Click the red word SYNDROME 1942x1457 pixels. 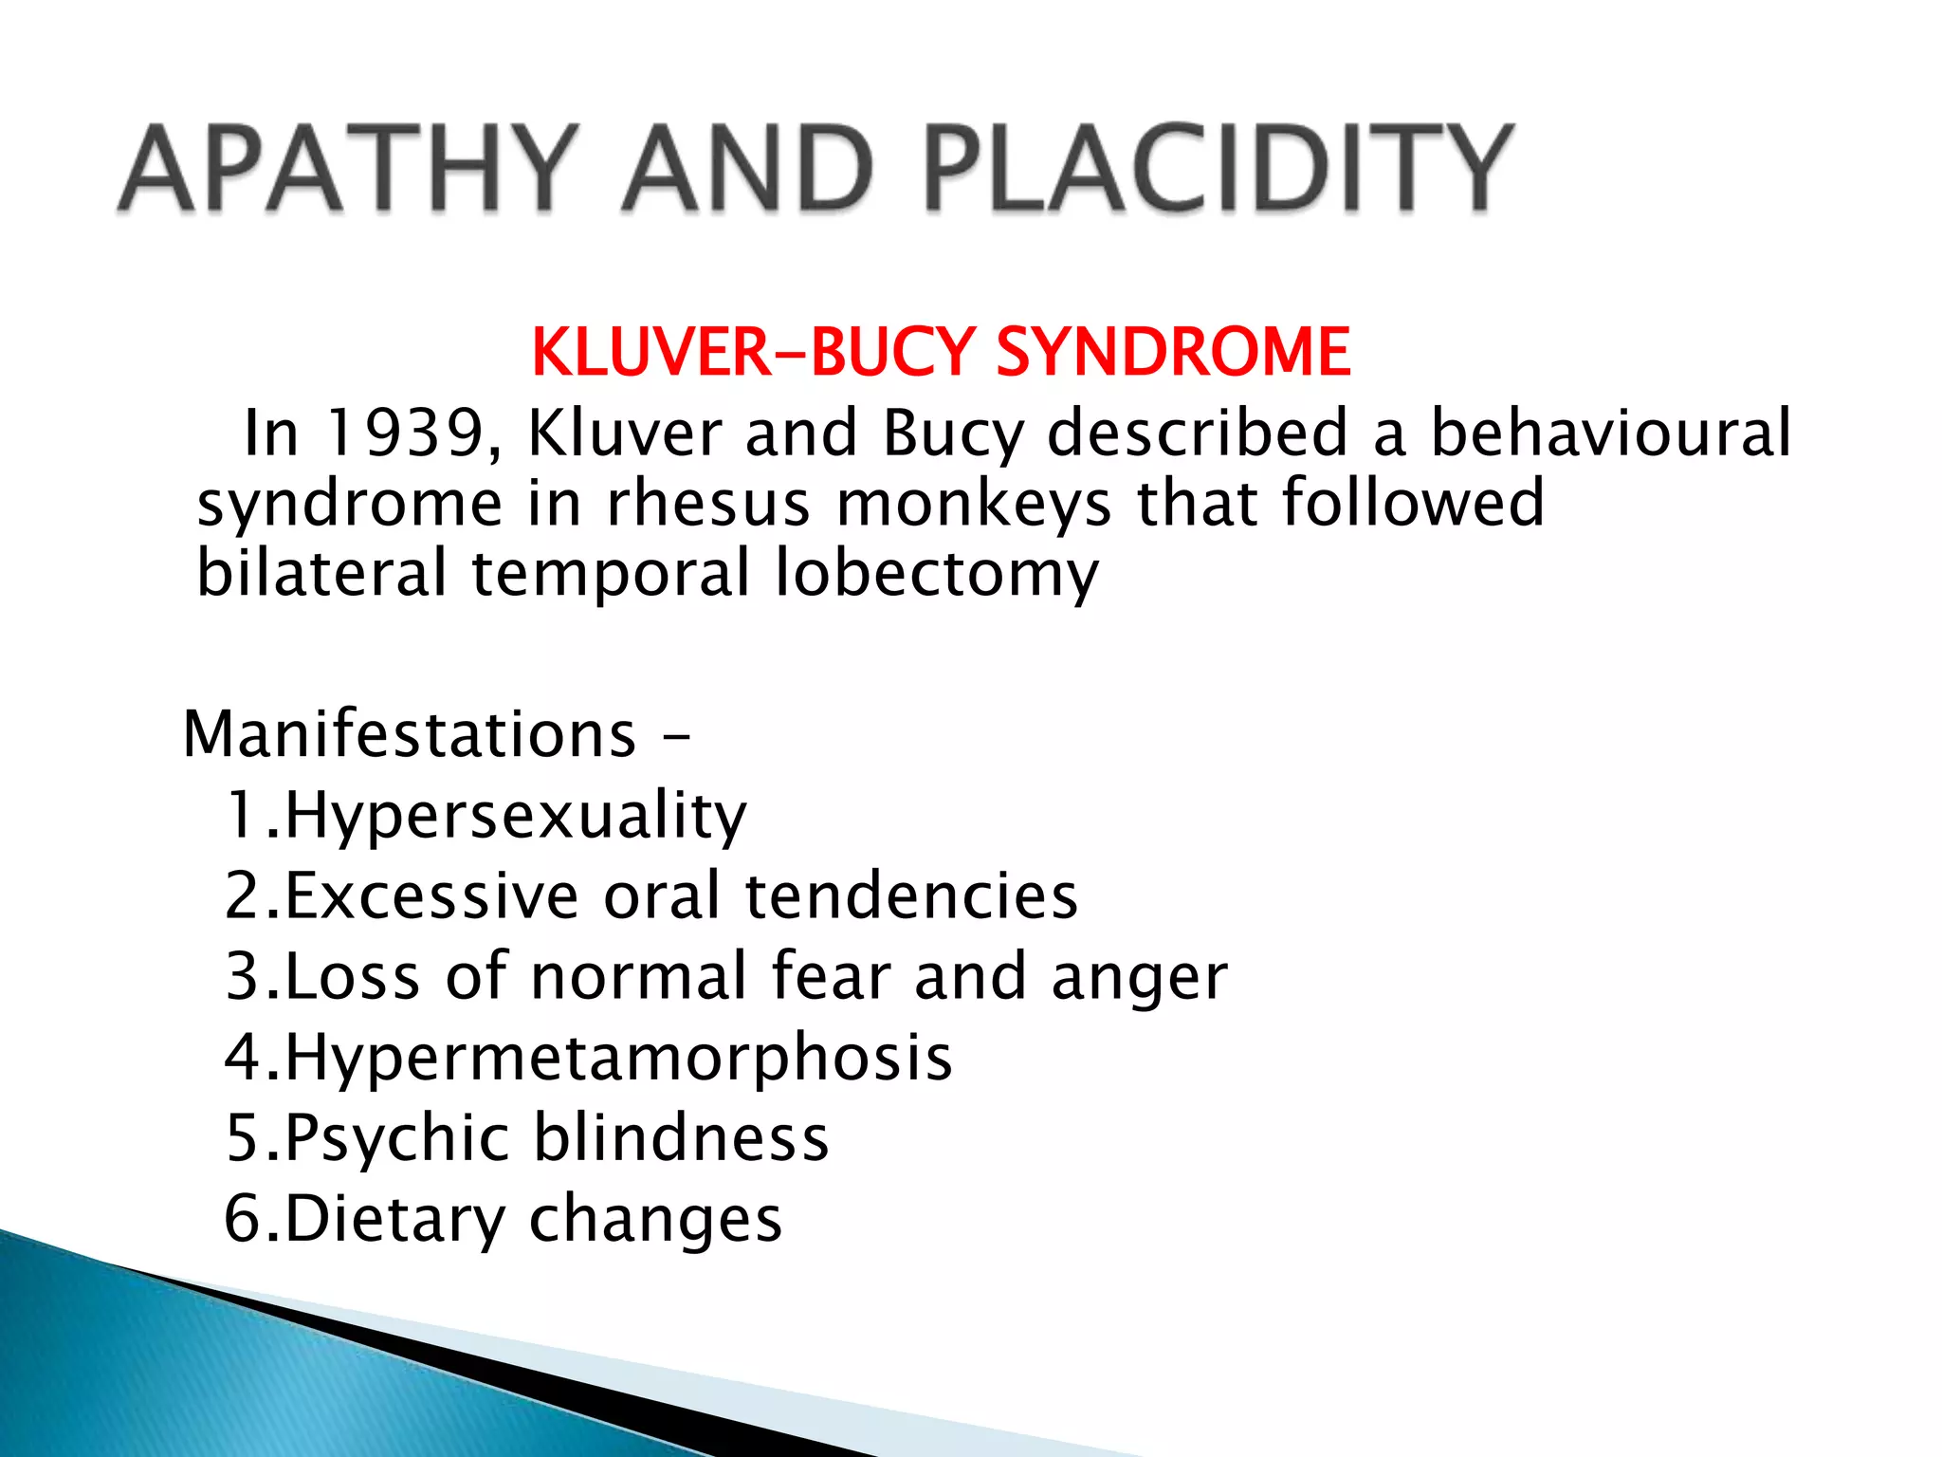click(x=1173, y=352)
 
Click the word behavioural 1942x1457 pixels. click(x=1610, y=433)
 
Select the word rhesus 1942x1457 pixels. click(x=707, y=503)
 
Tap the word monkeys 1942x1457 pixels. click(x=974, y=503)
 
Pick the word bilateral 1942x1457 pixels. click(x=321, y=573)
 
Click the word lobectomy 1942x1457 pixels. click(x=937, y=575)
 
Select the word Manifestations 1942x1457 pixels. click(x=409, y=734)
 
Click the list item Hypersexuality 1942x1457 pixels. click(x=515, y=816)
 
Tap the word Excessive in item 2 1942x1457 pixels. click(x=431, y=895)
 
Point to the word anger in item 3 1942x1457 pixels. click(x=1139, y=977)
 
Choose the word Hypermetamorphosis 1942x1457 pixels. click(x=618, y=1058)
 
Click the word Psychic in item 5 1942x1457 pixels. click(x=397, y=1138)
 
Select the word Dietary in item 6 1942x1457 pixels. click(x=394, y=1219)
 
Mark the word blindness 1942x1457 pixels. click(x=681, y=1137)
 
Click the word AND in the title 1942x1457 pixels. click(x=748, y=169)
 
